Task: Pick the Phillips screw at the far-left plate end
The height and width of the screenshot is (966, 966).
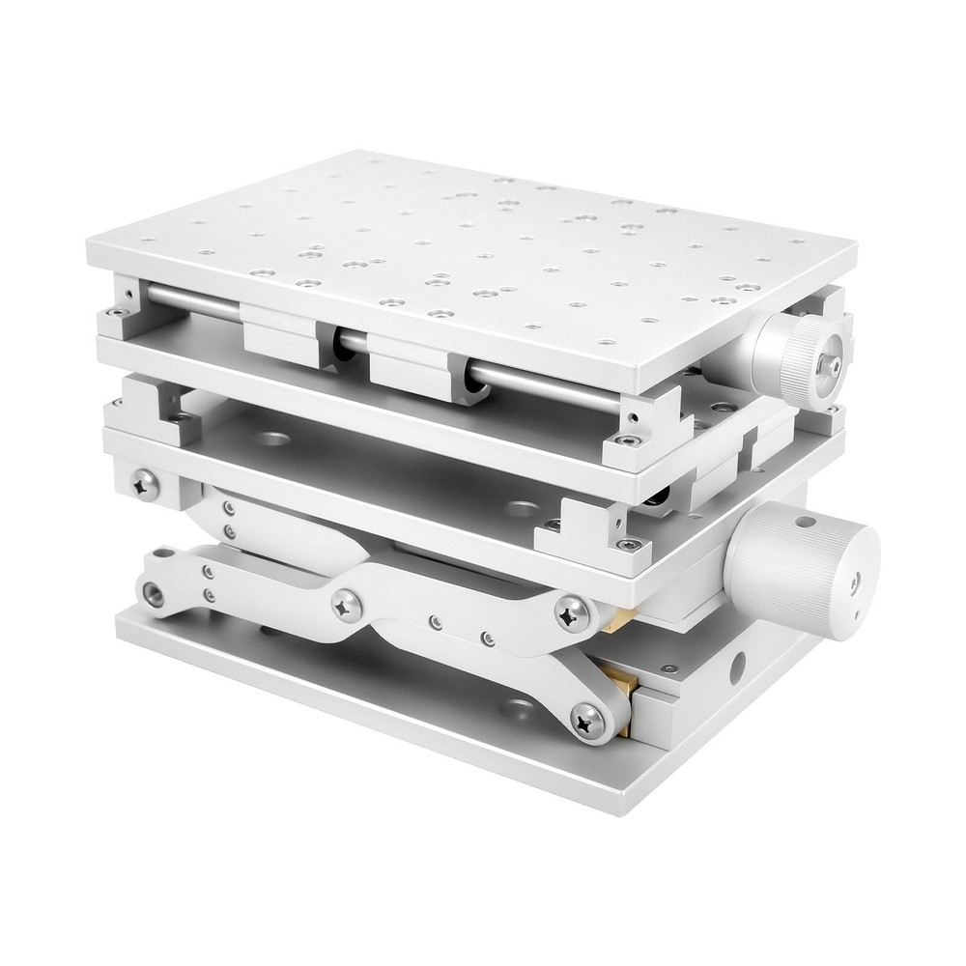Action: (147, 481)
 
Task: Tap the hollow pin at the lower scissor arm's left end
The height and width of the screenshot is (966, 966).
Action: (155, 590)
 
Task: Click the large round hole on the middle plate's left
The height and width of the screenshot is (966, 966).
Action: (270, 440)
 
